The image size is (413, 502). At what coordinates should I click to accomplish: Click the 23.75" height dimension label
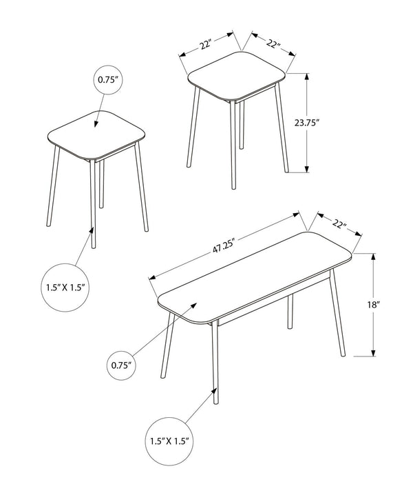[x=307, y=123]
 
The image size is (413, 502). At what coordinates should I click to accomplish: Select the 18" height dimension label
[x=372, y=305]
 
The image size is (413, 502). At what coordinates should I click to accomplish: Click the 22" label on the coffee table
[x=339, y=223]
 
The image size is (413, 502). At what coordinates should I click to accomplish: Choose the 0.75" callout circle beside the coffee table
[x=121, y=365]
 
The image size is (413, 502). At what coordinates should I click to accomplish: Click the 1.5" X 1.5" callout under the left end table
[x=65, y=288]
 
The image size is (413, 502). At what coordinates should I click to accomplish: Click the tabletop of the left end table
[x=96, y=134]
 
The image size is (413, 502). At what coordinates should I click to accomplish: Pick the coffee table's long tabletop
[x=255, y=277]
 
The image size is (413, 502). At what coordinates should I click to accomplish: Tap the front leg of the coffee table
[x=215, y=363]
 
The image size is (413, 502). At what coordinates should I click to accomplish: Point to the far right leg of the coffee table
[x=337, y=312]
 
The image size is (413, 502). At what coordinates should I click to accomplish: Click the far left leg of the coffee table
[x=168, y=345]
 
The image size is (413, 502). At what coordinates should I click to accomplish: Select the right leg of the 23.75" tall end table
[x=282, y=128]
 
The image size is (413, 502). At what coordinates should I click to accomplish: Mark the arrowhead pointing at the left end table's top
[x=96, y=123]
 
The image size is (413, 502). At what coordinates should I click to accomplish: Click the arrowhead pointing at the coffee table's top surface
[x=193, y=305]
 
